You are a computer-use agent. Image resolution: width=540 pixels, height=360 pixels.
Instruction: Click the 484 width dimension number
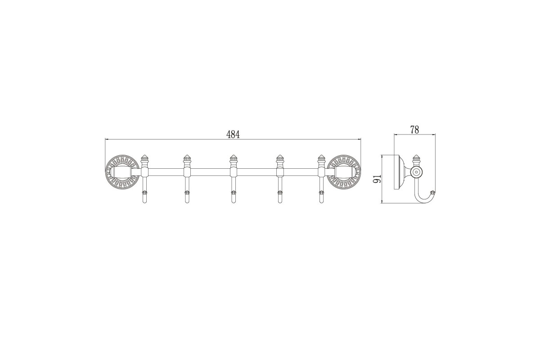click(233, 135)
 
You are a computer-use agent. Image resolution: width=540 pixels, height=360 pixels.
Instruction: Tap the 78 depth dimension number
click(414, 130)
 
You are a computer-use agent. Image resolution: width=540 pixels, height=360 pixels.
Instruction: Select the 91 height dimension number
click(377, 179)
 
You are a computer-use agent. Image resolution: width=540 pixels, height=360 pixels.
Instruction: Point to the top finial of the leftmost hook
click(144, 158)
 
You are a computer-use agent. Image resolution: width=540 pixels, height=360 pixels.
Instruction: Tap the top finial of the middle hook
click(233, 158)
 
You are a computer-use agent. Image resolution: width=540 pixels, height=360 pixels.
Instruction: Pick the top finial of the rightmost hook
click(321, 158)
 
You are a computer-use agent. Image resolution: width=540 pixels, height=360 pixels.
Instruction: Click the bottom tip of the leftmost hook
click(144, 203)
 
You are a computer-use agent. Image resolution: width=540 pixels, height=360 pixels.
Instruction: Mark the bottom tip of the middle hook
click(233, 203)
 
